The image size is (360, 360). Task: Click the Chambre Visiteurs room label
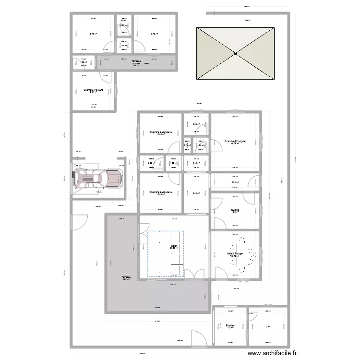click(94, 90)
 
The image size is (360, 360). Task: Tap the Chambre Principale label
click(235, 141)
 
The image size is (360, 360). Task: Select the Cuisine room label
click(235, 210)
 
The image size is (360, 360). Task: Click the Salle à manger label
click(235, 253)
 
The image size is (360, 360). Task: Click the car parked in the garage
click(96, 180)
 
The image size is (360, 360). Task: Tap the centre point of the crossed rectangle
click(236, 54)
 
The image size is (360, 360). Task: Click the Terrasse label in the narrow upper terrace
click(136, 61)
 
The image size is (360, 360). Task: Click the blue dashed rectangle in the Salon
click(166, 254)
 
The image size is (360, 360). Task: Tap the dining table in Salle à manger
click(239, 255)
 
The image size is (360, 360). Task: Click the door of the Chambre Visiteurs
click(105, 76)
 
